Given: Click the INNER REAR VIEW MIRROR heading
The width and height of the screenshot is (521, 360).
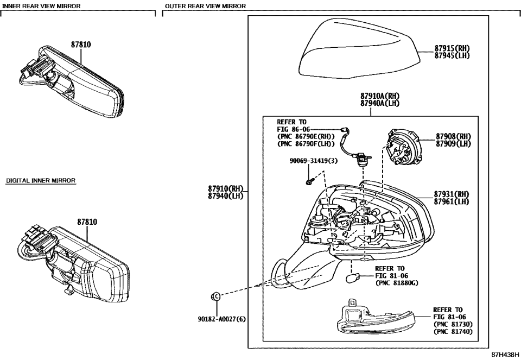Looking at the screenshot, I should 41,6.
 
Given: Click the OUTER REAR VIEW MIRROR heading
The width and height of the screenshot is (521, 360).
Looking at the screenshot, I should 205,6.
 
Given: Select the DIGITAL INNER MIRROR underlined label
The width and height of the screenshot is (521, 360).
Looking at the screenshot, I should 41,180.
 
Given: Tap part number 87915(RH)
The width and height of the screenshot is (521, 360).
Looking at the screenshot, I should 452,48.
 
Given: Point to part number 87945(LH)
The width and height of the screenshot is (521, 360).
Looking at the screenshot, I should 452,55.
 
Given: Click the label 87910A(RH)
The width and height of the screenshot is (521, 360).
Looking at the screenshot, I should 379,96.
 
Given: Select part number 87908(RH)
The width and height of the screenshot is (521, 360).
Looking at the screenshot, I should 453,136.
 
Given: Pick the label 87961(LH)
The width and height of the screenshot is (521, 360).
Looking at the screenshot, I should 452,202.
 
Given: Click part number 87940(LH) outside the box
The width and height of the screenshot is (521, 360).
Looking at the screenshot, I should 226,196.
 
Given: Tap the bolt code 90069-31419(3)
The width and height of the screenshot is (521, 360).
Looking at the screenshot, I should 313,161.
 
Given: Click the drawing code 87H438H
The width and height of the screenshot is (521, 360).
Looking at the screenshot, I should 505,354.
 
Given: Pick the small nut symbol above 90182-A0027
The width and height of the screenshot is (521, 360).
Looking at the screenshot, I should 215,296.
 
